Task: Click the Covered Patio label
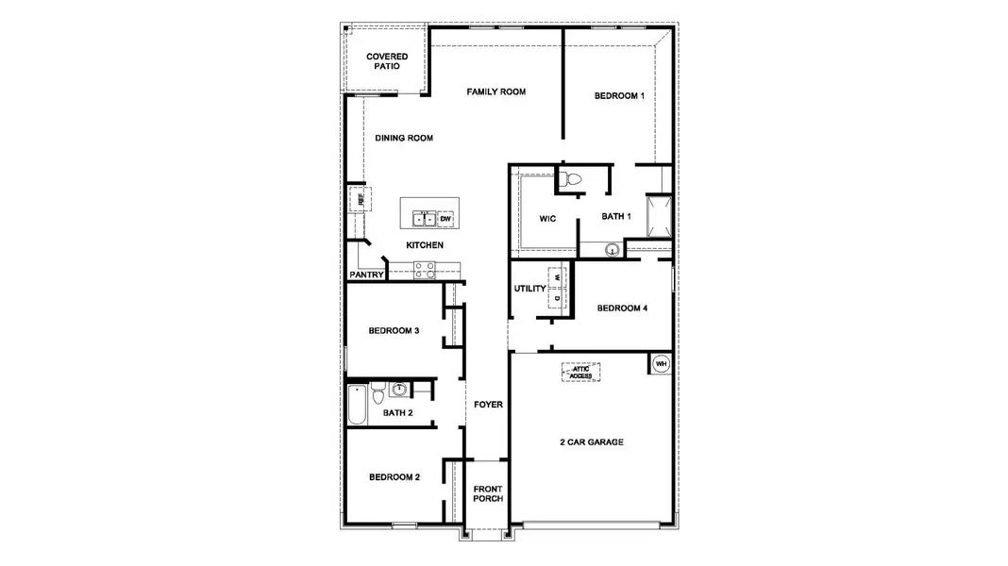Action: tap(387, 62)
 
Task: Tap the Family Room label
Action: tap(496, 92)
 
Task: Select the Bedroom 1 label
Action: tap(619, 96)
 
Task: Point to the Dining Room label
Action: tap(403, 138)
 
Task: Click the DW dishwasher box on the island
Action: tap(445, 219)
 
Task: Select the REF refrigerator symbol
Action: tap(360, 199)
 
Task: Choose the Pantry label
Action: tap(366, 275)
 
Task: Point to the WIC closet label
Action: tap(547, 218)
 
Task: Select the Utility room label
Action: tap(530, 289)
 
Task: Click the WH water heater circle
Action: tap(661, 363)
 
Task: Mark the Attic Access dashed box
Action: tap(581, 372)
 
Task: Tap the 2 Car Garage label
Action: tap(591, 441)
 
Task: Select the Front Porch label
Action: tap(488, 493)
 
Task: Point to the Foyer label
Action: tap(488, 405)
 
